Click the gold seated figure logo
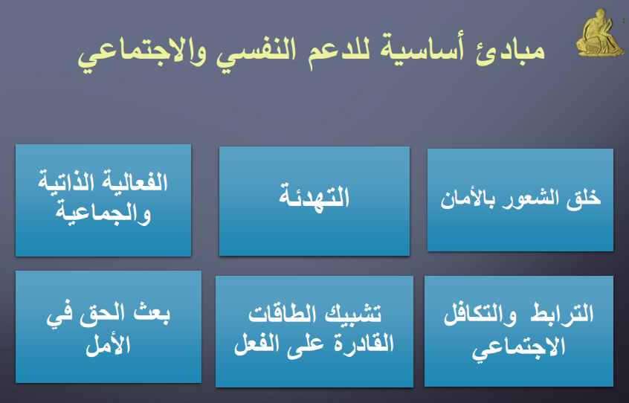(600, 33)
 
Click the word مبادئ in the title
(510, 51)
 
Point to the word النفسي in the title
(256, 51)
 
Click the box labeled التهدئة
(314, 201)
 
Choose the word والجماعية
(103, 213)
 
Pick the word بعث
(149, 313)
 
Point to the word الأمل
(109, 344)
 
